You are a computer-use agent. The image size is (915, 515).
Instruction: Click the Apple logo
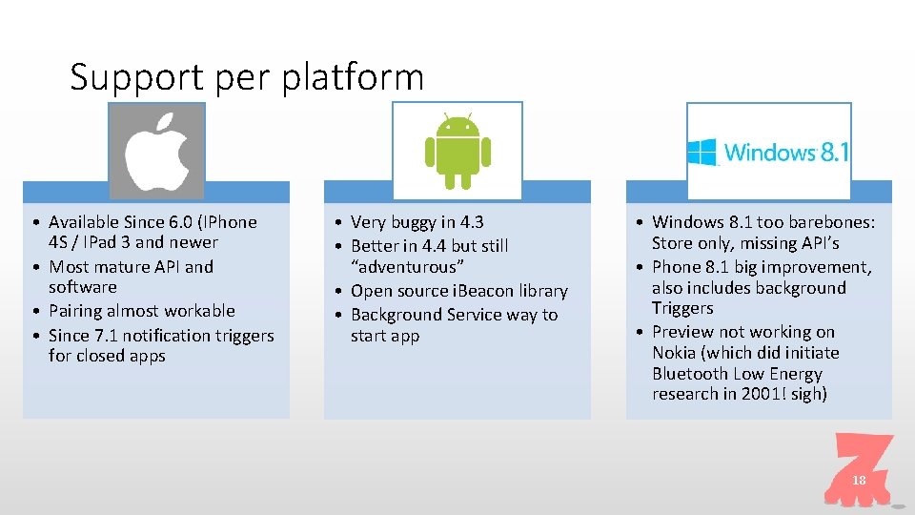156,151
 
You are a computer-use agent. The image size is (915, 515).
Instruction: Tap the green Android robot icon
457,150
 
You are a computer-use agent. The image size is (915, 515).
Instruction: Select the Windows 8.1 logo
768,152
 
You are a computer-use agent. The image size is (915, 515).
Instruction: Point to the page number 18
859,481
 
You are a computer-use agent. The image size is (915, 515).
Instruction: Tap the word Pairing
78,311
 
